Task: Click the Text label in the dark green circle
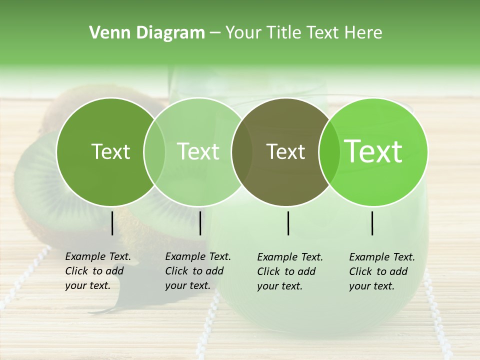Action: pos(110,151)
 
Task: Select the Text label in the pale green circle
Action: pos(198,151)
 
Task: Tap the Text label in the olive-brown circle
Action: pos(285,151)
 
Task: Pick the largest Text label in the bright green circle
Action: pos(373,151)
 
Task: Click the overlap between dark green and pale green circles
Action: pos(154,152)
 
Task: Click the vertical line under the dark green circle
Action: pos(112,223)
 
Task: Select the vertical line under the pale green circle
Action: pos(200,223)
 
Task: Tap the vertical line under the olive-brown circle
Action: pos(288,223)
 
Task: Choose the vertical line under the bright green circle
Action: pos(372,223)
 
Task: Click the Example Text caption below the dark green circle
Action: pos(97,271)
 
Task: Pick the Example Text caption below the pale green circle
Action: pos(197,271)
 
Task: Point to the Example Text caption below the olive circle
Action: pos(289,271)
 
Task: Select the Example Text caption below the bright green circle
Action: pos(381,271)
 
